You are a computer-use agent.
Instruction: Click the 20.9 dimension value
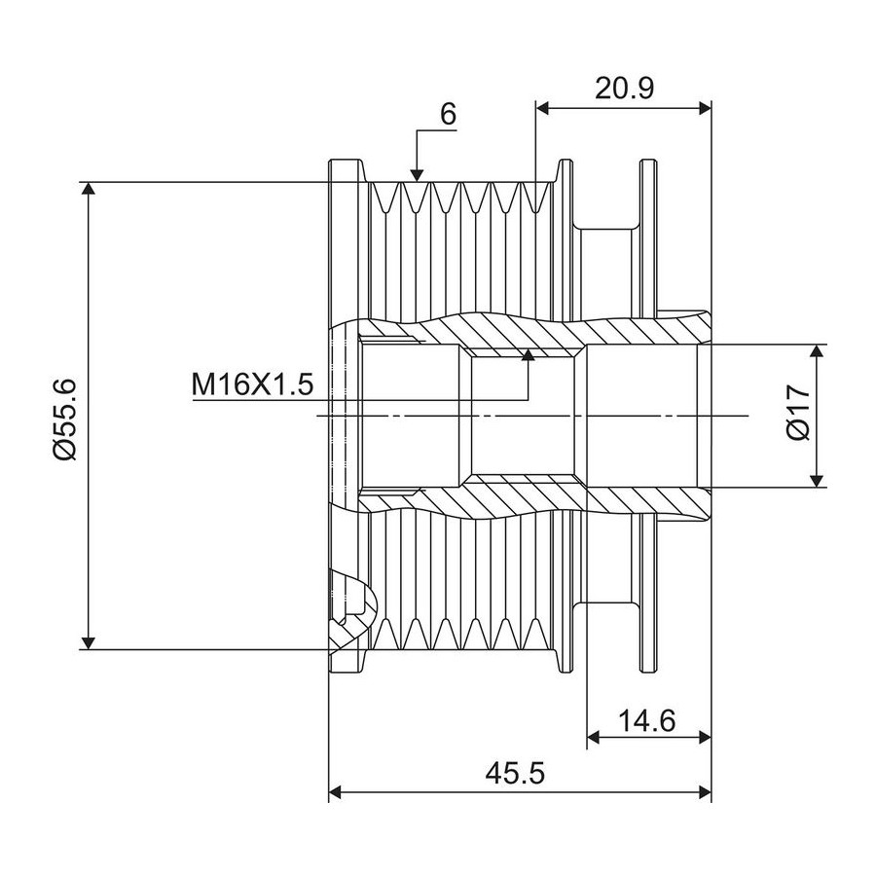coord(624,88)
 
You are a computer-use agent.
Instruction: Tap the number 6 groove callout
coord(448,114)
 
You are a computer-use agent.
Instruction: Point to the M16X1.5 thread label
coord(252,384)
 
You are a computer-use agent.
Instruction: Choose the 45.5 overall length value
coord(515,774)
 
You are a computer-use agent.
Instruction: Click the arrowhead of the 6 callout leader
coord(417,175)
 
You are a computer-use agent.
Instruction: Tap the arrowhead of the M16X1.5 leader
coord(528,354)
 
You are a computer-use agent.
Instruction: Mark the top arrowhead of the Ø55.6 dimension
coord(88,189)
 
